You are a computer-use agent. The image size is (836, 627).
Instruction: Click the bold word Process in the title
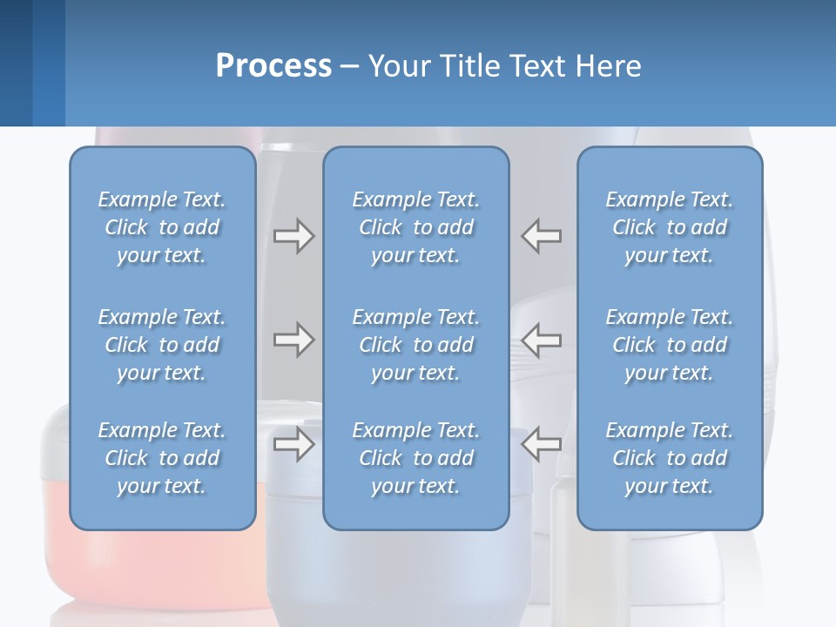273,66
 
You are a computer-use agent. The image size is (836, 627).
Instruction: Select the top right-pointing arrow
293,236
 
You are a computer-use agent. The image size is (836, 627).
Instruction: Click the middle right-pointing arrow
293,340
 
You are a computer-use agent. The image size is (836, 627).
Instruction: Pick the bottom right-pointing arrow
293,444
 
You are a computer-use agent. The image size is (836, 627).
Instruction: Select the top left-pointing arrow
541,236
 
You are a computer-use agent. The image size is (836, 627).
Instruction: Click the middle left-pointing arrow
541,340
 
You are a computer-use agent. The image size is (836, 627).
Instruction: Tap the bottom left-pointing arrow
541,444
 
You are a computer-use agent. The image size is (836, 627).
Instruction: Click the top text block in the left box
162,227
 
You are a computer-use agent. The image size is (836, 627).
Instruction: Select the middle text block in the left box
162,345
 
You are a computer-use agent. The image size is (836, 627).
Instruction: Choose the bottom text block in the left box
162,458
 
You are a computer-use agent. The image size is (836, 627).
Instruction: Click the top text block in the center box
415,227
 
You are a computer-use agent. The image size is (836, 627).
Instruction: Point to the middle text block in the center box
415,345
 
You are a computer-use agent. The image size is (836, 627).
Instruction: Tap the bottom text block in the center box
415,458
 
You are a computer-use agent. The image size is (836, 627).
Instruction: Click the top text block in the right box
669,227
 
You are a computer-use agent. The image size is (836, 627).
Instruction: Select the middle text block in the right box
669,345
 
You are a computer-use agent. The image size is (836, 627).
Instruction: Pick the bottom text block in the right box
669,458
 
